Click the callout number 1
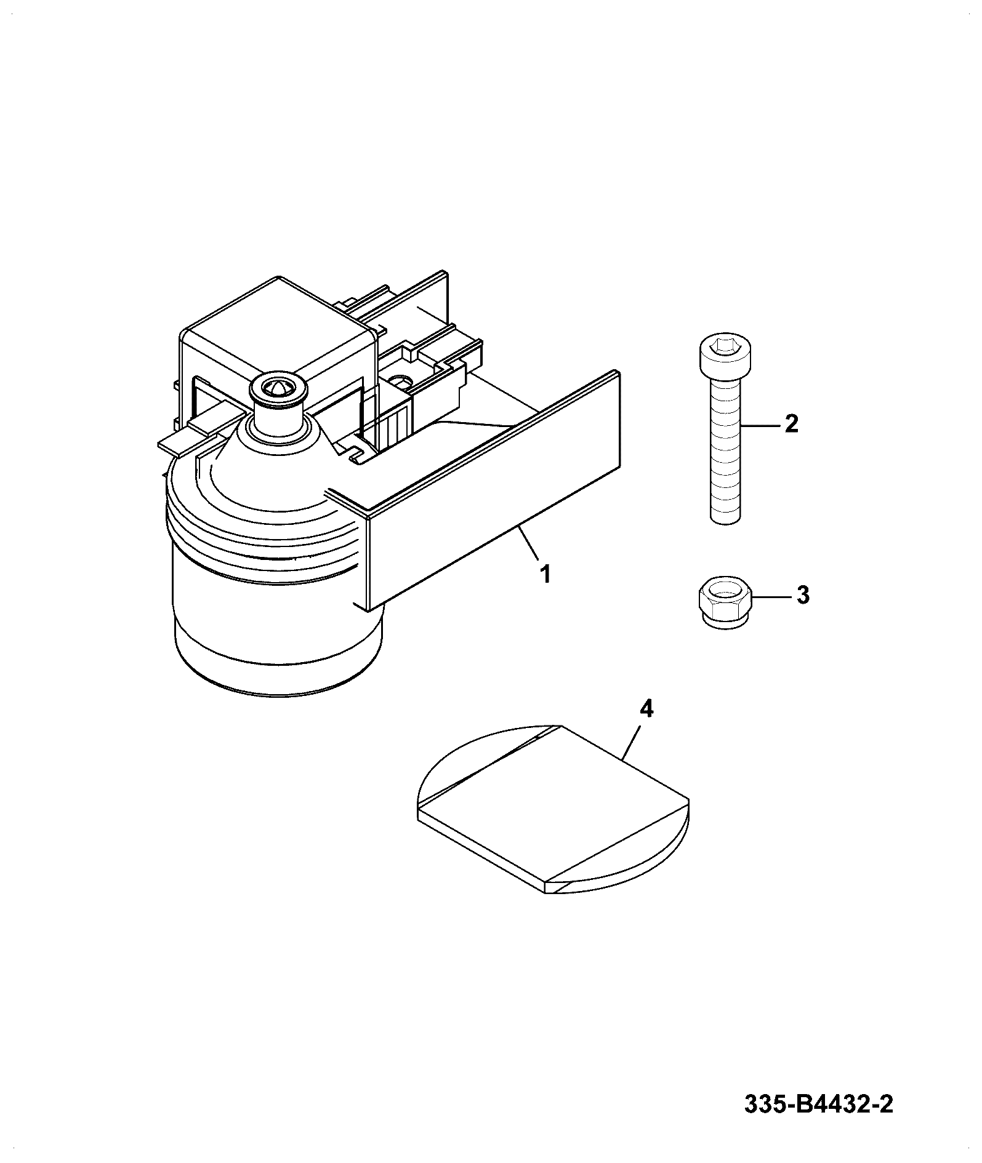click(544, 575)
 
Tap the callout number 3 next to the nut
click(803, 596)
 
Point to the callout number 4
click(646, 709)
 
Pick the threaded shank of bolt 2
click(725, 450)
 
